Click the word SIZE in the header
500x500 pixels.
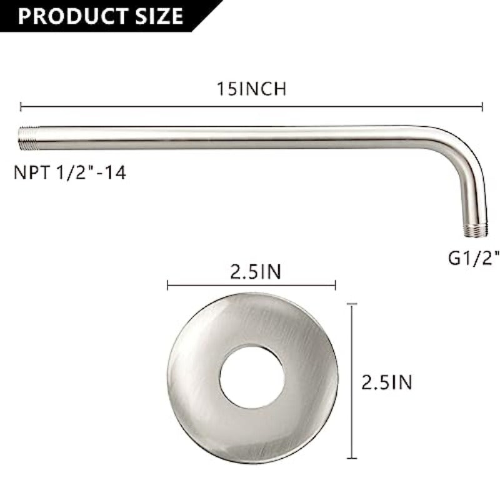(159, 16)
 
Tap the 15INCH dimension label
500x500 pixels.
(252, 89)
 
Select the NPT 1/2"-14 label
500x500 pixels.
(70, 172)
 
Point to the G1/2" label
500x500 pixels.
(473, 258)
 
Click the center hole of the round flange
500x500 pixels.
(252, 377)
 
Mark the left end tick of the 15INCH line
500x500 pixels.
(21, 107)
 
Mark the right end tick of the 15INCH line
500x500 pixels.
(482, 107)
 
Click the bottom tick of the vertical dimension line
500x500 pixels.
(352, 458)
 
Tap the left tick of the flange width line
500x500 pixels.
(167, 286)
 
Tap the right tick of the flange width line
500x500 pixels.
(336, 286)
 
